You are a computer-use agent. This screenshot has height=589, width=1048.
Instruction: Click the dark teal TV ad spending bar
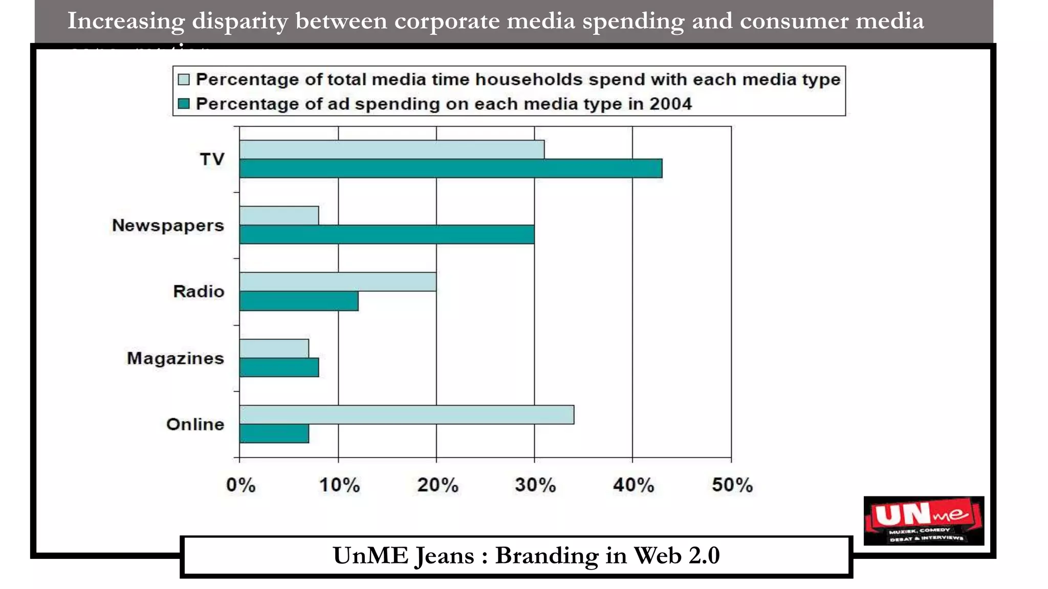pos(450,169)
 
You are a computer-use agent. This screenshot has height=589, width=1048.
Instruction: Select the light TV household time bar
pos(391,149)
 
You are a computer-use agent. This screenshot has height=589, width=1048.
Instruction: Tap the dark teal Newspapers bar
pos(387,235)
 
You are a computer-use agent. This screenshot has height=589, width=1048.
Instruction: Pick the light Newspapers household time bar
pos(279,215)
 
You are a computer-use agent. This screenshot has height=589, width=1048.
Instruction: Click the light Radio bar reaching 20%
pos(338,282)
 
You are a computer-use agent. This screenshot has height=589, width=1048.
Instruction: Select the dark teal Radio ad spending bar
pos(299,301)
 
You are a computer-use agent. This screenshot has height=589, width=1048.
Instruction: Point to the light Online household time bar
pos(407,415)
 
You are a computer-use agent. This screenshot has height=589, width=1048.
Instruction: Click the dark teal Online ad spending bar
pos(274,434)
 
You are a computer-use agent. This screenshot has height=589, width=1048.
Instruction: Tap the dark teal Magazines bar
pos(279,368)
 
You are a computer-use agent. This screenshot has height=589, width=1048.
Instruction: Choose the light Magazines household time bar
pos(274,348)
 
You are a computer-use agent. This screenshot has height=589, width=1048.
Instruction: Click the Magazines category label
pos(176,358)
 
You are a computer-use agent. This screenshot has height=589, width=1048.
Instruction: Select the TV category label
pos(212,159)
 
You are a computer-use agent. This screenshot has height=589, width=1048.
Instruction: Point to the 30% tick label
pos(535,485)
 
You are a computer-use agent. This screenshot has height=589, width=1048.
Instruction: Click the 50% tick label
pos(732,485)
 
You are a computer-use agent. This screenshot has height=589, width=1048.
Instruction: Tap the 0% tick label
pos(241,485)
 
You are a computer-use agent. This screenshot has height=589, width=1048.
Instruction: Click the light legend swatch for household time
pos(184,80)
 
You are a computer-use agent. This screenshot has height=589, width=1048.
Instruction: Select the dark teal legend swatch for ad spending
pos(184,104)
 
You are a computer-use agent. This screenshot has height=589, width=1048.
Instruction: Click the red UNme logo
pos(923,520)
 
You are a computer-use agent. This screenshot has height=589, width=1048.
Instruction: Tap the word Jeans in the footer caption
pos(444,556)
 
